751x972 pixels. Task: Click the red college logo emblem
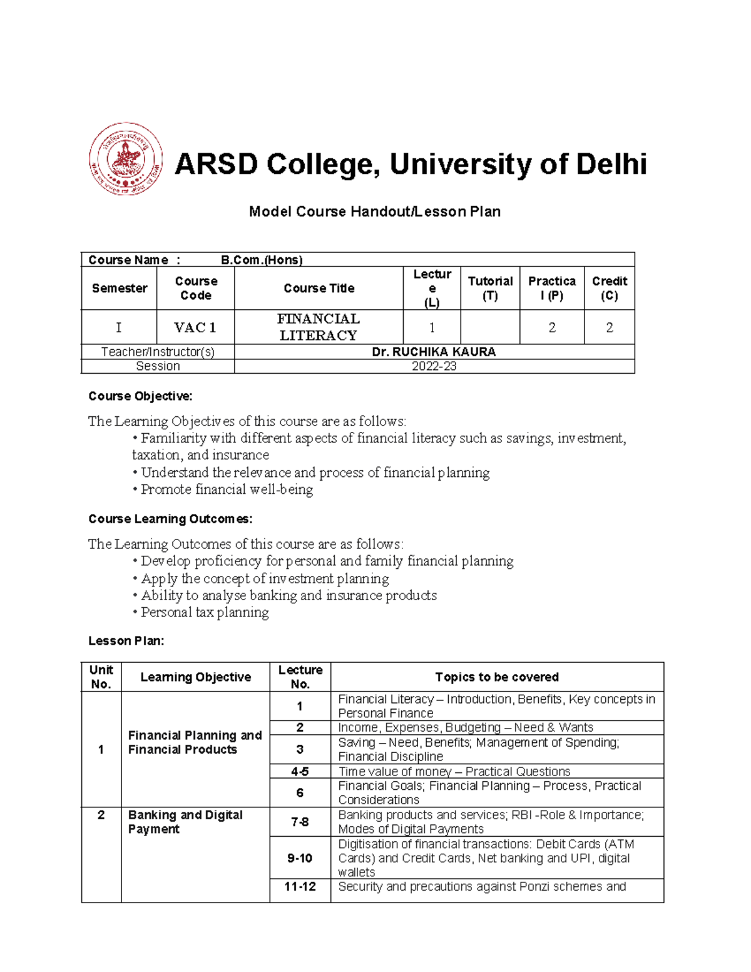(x=126, y=158)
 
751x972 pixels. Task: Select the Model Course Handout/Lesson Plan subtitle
(x=374, y=212)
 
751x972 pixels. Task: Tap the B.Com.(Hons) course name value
(x=262, y=260)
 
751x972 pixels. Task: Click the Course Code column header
(x=196, y=288)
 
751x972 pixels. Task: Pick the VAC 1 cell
(x=195, y=327)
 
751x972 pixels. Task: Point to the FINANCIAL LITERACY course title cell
(x=318, y=327)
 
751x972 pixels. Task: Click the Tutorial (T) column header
(x=490, y=288)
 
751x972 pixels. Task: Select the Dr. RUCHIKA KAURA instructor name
(x=434, y=352)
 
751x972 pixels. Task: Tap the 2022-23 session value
(x=434, y=366)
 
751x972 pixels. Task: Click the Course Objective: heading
(x=140, y=396)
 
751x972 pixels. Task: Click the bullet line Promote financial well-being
(x=226, y=489)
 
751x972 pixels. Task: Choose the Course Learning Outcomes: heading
(x=170, y=519)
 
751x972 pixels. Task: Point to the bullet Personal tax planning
(x=204, y=612)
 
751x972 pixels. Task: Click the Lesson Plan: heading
(x=126, y=641)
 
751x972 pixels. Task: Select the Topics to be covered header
(x=496, y=677)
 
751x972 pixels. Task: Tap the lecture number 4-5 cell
(x=300, y=772)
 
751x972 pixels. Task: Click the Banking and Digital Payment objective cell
(x=185, y=822)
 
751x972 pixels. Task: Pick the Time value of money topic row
(x=454, y=772)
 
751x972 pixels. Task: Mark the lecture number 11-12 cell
(x=300, y=886)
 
